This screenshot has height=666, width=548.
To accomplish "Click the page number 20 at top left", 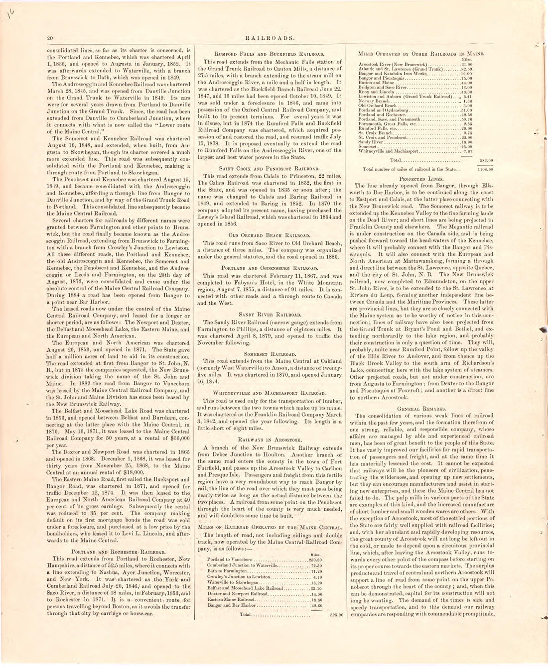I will (x=50, y=37).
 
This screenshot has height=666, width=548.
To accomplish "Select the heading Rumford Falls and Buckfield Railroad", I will (x=270, y=53).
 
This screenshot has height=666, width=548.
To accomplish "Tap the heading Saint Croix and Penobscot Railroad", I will (x=270, y=169).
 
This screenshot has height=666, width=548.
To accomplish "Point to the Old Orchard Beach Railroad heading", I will (x=270, y=234).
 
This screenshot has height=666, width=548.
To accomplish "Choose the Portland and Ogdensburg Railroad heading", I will (x=270, y=267).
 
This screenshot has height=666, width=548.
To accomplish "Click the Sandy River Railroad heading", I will (x=270, y=315).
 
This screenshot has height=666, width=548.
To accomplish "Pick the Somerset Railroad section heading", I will (x=270, y=352).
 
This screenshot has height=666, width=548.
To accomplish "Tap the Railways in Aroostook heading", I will (x=270, y=440).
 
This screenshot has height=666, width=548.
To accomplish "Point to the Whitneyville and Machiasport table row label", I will (x=389, y=151).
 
